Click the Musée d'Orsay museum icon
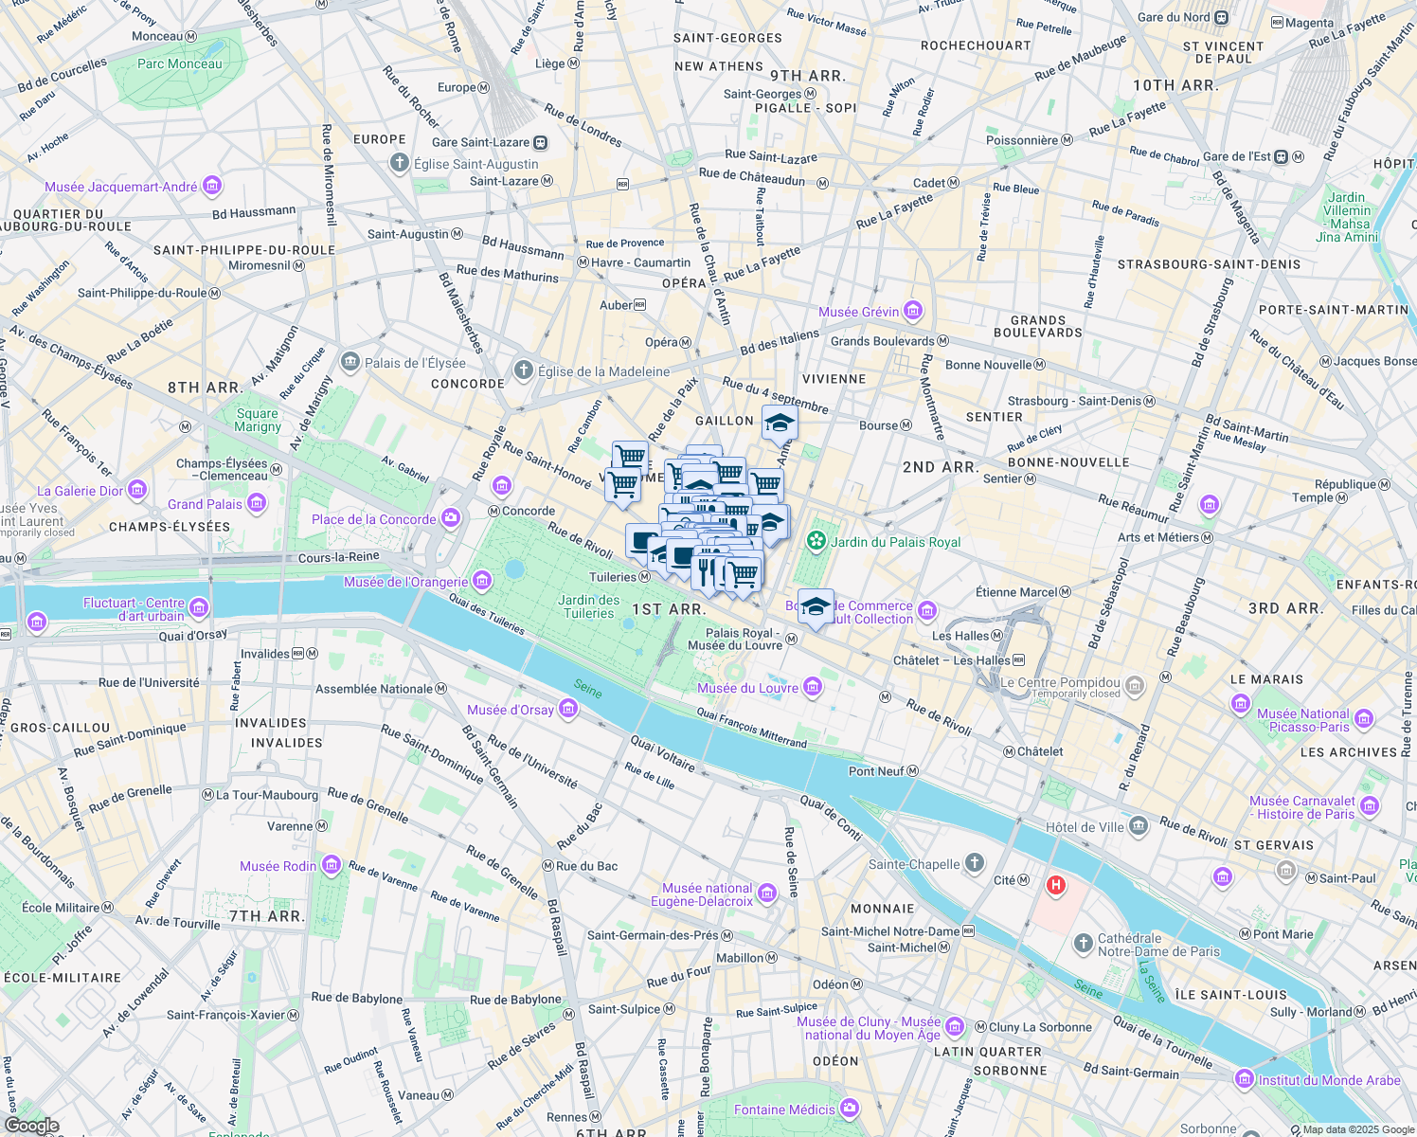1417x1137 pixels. (567, 709)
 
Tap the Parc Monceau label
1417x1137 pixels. (179, 63)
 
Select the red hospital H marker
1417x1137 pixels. (1055, 886)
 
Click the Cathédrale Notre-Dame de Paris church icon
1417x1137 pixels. (1084, 944)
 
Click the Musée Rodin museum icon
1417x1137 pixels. (331, 865)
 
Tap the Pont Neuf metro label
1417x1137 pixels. (875, 771)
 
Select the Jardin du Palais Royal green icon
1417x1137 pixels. (815, 541)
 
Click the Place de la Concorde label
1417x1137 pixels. (373, 519)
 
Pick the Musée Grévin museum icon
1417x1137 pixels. (912, 311)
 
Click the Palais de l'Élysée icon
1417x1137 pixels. (350, 362)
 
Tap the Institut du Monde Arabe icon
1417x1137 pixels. (1244, 1079)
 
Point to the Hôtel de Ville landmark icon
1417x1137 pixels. (1138, 826)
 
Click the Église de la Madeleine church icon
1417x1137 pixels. (523, 370)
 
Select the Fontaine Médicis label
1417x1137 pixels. (784, 1110)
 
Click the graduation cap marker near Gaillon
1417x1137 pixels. (779, 423)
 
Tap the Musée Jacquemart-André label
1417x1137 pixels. (120, 187)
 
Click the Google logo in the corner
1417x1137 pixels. (31, 1125)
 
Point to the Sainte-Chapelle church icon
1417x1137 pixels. (975, 863)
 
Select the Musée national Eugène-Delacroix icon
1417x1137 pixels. (766, 893)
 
